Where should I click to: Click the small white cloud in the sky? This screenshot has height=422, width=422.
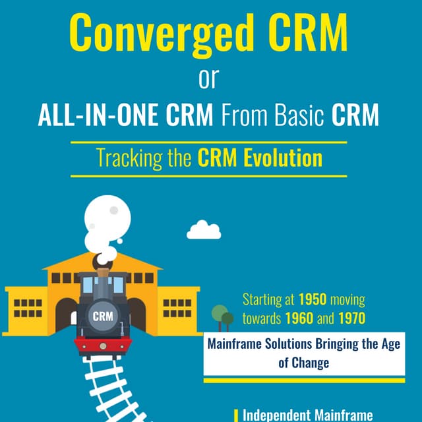pos(203,230)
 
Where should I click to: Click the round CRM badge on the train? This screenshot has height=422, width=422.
pos(102,315)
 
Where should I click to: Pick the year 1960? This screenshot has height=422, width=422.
pos(299,318)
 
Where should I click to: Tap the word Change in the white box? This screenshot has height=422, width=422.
pos(309,362)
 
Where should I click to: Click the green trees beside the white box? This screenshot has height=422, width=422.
pos(222,317)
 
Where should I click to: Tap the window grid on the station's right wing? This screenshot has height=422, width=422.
pos(177,307)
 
